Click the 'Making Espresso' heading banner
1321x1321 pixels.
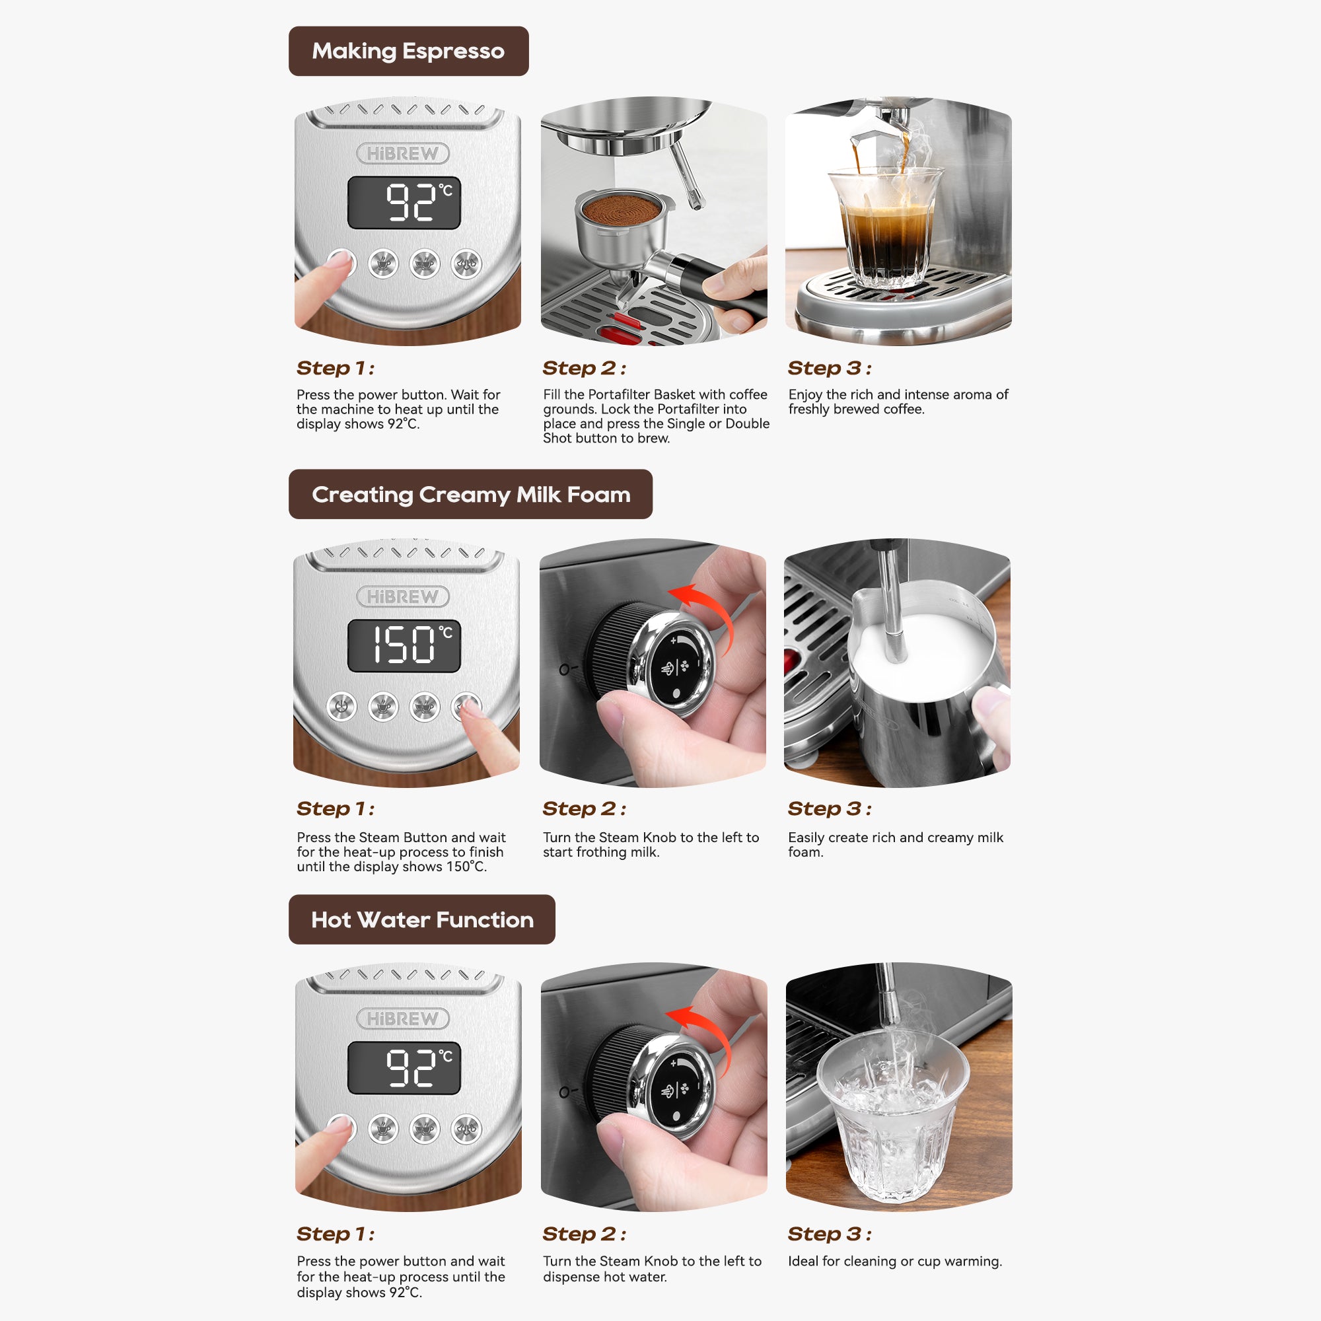(x=408, y=52)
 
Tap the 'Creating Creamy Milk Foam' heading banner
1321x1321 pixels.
(x=470, y=493)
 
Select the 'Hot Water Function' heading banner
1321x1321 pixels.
(x=422, y=919)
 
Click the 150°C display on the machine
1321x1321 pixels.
(x=404, y=645)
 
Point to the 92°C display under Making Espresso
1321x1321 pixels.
(x=404, y=202)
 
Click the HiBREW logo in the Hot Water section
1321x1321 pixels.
(x=403, y=1018)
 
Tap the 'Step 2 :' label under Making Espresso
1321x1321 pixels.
(x=584, y=368)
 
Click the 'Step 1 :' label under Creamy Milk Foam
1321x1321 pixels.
(x=335, y=808)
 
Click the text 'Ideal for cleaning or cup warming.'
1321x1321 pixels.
(x=895, y=1261)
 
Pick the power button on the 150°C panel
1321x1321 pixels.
(x=342, y=707)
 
